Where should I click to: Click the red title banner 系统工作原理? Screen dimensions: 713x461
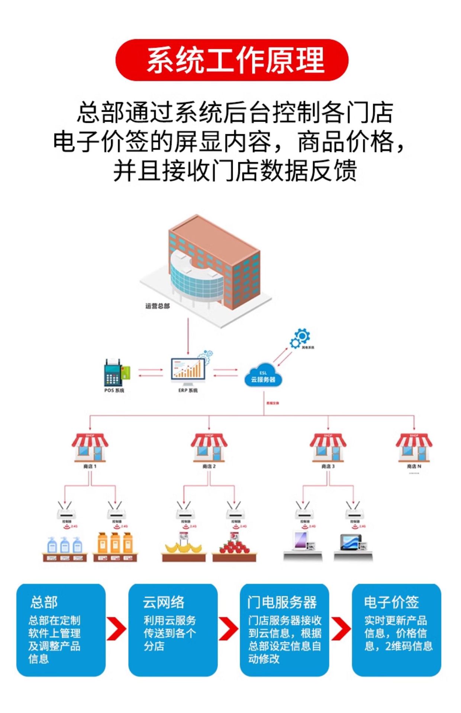coord(232,60)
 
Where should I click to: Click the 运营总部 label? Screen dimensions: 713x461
coord(157,306)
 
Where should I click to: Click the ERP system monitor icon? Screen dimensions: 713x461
coord(188,371)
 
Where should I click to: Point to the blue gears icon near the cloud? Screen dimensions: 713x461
coord(300,338)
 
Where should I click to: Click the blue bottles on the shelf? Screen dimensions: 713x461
coord(65,545)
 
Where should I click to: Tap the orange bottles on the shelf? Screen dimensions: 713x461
coord(115,543)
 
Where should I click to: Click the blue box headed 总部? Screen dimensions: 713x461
coord(61,630)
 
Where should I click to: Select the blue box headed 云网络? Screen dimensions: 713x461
coord(173,630)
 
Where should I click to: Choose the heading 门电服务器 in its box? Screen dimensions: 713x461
coord(282,602)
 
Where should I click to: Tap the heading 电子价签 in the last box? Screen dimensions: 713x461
coord(391,602)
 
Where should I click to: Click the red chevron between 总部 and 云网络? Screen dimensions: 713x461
coord(116,629)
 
